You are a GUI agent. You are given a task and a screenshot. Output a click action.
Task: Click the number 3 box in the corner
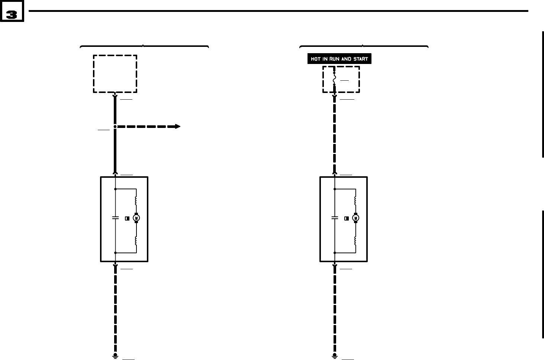pyautogui.click(x=12, y=15)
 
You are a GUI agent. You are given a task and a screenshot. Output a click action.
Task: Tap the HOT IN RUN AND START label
pyautogui.click(x=339, y=59)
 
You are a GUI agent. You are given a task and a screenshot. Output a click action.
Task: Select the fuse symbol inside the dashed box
pyautogui.click(x=334, y=79)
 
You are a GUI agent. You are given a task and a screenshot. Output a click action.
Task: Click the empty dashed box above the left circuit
pyautogui.click(x=115, y=74)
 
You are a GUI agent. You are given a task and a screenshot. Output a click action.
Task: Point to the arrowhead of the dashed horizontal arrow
pyautogui.click(x=178, y=126)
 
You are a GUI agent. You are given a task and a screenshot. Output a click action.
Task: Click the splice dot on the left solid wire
pyautogui.click(x=115, y=126)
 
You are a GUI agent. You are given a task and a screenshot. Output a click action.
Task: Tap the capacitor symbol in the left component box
pyautogui.click(x=115, y=218)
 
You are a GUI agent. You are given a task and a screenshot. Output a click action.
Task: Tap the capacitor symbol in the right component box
pyautogui.click(x=335, y=218)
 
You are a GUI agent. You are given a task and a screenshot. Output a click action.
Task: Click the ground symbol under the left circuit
pyautogui.click(x=115, y=356)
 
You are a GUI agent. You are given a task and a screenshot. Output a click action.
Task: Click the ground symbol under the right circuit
pyautogui.click(x=335, y=356)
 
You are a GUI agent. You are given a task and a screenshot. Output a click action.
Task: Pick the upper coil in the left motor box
pyautogui.click(x=136, y=200)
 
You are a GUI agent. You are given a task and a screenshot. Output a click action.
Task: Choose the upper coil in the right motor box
pyautogui.click(x=355, y=200)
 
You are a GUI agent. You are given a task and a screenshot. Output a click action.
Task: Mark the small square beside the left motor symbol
pyautogui.click(x=126, y=218)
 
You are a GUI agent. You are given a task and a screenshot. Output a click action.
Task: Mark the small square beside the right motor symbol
pyautogui.click(x=346, y=218)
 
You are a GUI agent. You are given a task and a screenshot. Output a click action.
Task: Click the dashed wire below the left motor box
pyautogui.click(x=115, y=309)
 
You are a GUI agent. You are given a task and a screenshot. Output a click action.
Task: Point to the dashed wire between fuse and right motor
pyautogui.click(x=335, y=134)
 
